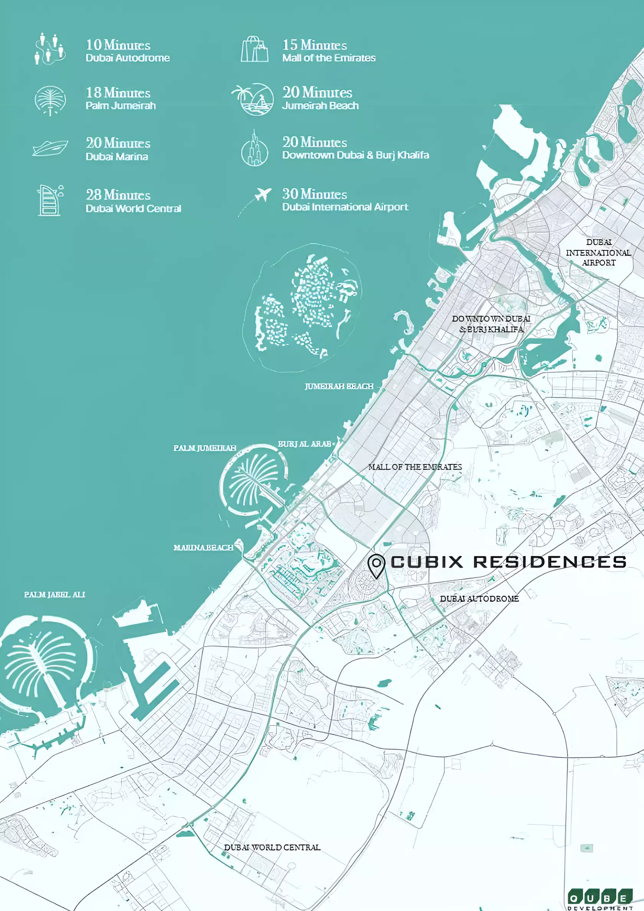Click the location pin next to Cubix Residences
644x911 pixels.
click(376, 565)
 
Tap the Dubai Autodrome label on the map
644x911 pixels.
click(479, 598)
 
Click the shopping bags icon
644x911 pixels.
click(255, 49)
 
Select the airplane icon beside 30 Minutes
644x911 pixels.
click(263, 194)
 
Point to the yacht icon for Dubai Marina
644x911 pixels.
click(50, 148)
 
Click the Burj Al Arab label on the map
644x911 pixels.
click(304, 444)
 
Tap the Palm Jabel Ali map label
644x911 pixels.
click(54, 594)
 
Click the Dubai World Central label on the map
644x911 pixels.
click(272, 847)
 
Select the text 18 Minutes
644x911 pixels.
click(118, 93)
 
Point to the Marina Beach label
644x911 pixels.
click(203, 547)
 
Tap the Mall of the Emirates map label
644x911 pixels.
click(415, 467)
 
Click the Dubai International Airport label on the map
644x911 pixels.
click(598, 252)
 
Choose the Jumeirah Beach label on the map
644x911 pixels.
click(339, 386)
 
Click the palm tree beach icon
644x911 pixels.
click(253, 99)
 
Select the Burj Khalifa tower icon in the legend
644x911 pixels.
click(255, 149)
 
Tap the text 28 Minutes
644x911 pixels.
click(118, 195)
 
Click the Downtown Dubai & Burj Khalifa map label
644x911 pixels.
click(491, 324)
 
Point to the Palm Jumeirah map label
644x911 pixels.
click(205, 448)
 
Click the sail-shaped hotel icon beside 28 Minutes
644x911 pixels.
click(49, 200)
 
